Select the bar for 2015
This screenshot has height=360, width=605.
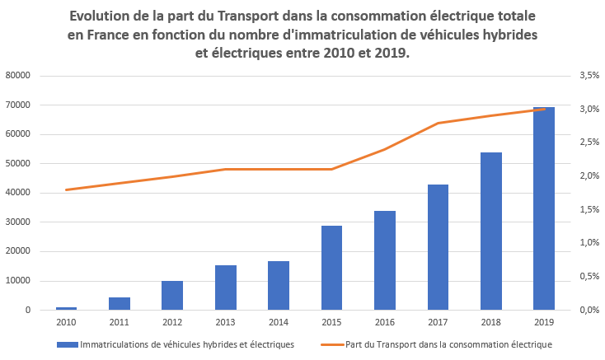point(331,268)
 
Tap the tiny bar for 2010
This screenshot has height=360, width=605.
point(66,308)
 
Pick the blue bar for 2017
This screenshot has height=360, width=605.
point(438,247)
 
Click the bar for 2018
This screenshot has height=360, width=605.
point(491,231)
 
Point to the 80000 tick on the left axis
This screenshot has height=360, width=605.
point(18,76)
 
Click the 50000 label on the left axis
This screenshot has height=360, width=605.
point(18,164)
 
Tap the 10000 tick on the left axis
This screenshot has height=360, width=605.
point(18,281)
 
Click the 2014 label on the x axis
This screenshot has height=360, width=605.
point(279,323)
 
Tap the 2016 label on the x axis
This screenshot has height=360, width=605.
point(385,323)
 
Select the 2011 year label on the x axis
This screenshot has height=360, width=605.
point(120,323)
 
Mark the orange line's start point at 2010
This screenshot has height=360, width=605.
point(66,190)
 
